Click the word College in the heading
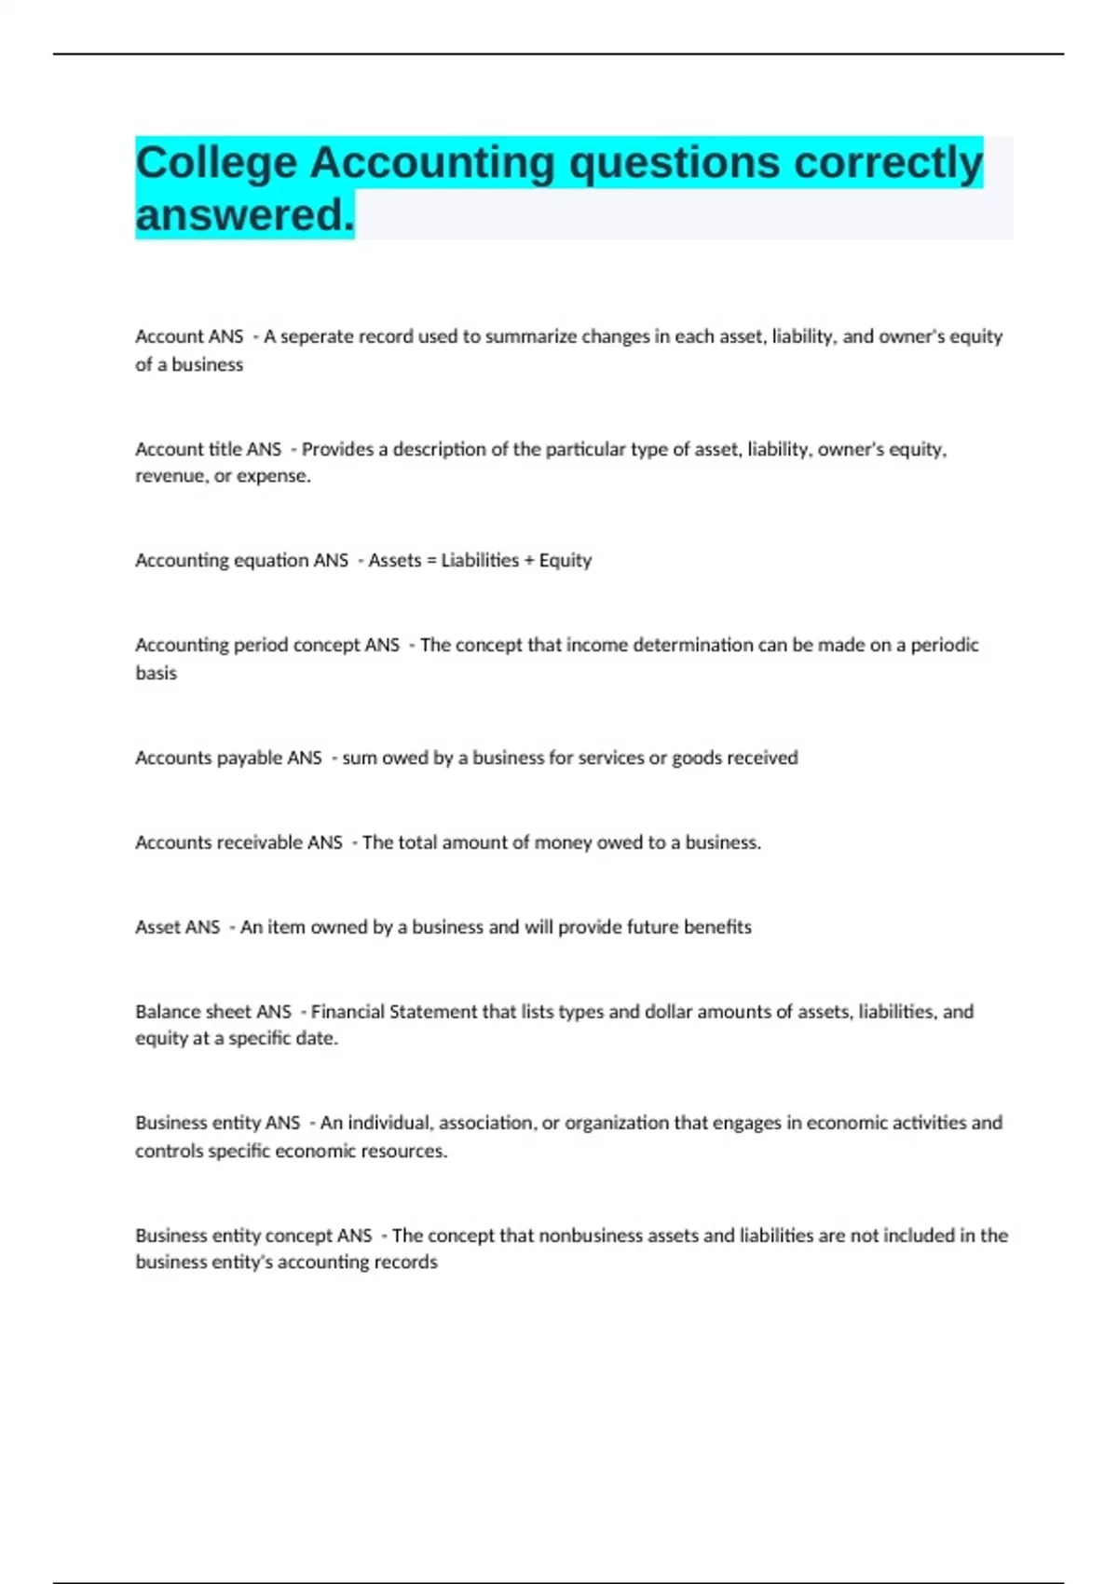tap(216, 163)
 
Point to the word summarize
tap(531, 336)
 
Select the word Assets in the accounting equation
tap(395, 561)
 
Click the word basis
tap(156, 673)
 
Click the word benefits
tap(717, 927)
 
